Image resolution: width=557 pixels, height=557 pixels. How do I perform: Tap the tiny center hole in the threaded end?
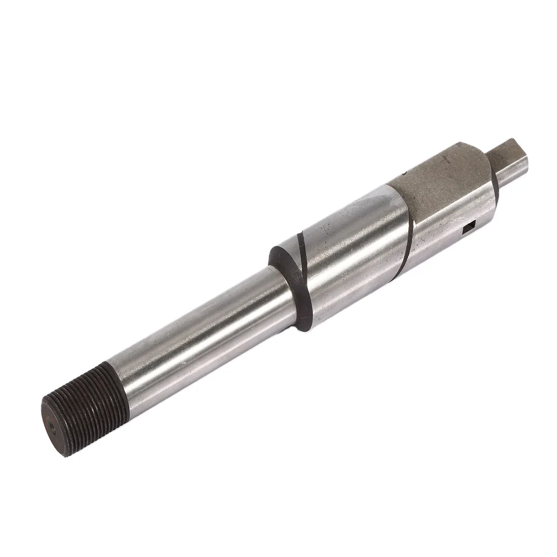pos(52,427)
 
